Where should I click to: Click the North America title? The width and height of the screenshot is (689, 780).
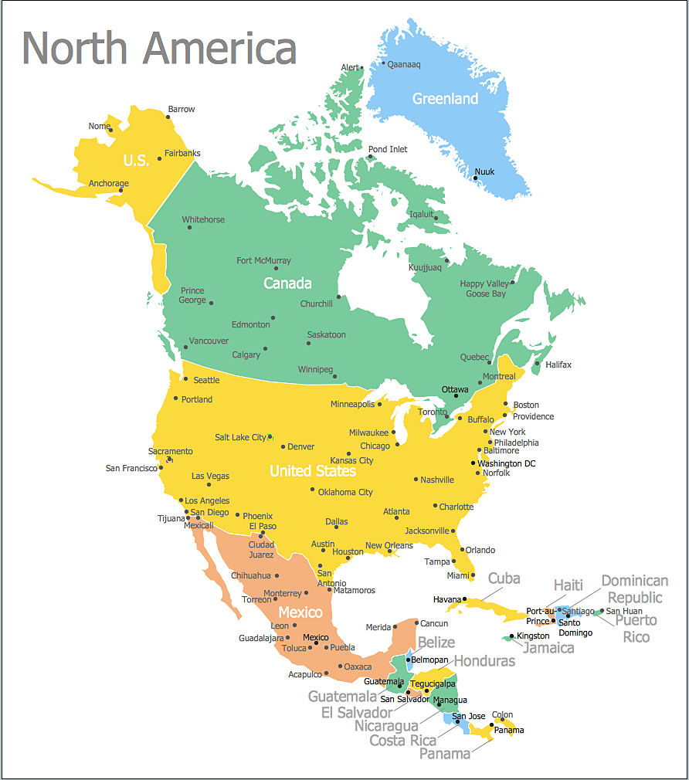159,48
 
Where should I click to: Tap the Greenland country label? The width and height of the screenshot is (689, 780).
445,99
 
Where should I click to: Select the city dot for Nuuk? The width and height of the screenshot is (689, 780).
475,178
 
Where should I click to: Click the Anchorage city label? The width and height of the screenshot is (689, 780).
108,184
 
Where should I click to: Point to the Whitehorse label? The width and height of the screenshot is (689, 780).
203,220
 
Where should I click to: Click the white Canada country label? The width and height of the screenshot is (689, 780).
287,283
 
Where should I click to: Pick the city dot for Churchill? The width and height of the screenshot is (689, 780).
338,297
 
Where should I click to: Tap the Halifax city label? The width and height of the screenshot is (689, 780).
558,365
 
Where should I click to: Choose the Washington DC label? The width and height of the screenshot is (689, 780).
506,463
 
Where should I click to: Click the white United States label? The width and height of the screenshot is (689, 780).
312,470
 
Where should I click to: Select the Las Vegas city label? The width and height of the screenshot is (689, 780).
210,476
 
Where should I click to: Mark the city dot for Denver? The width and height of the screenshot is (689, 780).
283,446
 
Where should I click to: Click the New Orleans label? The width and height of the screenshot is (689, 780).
389,545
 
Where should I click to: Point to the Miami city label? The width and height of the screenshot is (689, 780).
457,575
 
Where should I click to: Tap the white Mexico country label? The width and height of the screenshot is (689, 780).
300,612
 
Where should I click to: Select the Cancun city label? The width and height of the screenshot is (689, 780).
434,623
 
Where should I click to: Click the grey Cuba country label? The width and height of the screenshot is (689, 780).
504,578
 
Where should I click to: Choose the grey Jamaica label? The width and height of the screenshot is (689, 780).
548,648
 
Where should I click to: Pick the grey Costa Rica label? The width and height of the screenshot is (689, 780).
402,741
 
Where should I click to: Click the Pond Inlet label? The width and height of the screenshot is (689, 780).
387,149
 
